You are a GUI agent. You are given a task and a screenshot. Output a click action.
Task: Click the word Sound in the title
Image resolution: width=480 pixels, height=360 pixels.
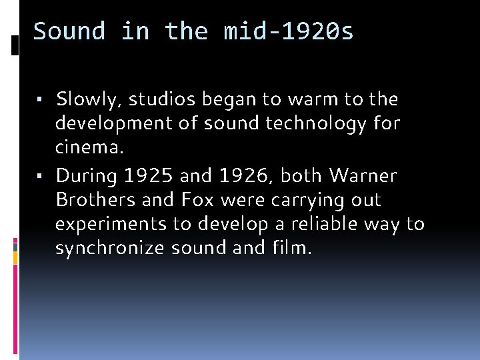pos(69,31)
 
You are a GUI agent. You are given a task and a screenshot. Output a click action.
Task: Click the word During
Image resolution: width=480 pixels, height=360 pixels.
pos(83,176)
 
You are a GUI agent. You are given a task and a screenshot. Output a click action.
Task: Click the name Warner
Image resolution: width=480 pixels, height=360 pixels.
pos(363,176)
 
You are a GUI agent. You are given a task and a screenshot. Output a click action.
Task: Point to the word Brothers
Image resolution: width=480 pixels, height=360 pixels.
pos(93,200)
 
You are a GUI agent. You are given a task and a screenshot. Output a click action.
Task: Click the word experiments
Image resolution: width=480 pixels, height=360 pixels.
pos(111,224)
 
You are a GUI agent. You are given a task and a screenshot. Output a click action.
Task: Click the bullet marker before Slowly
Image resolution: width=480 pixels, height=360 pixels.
pos(40,101)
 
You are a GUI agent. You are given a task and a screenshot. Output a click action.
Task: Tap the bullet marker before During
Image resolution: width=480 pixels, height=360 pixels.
pos(40,177)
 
